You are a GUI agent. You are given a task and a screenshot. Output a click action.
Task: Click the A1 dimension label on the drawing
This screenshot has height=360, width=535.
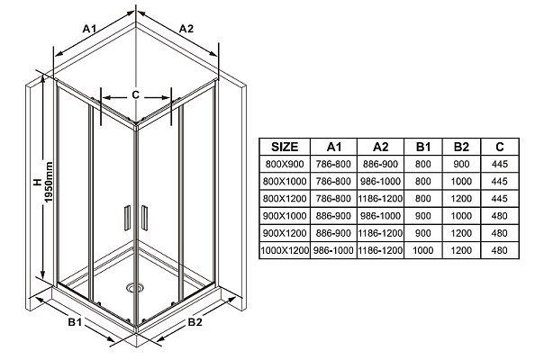click(90, 29)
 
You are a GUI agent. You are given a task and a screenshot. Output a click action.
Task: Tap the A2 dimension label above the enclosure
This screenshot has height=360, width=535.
click(186, 29)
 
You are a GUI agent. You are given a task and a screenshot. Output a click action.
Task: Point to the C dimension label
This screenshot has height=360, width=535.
click(135, 94)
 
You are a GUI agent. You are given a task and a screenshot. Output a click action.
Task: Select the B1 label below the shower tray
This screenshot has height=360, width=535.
click(75, 321)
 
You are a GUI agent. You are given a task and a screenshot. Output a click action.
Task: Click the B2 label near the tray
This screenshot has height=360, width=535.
click(195, 321)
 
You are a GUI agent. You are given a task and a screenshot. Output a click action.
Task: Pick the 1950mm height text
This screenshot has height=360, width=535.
click(49, 182)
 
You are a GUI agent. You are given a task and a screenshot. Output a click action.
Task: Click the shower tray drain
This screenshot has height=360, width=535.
click(133, 287)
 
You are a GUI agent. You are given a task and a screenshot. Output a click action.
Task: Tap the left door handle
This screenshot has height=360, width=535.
click(127, 218)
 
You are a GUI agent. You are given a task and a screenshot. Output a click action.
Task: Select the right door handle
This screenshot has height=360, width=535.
click(144, 218)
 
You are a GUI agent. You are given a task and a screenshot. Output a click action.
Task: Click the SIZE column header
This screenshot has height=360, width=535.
click(285, 147)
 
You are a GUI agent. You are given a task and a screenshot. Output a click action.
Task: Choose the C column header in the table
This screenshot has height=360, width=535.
click(500, 147)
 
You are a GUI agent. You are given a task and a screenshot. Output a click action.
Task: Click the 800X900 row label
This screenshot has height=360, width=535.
click(285, 165)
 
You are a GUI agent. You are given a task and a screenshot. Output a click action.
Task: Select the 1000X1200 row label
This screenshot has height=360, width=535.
click(285, 250)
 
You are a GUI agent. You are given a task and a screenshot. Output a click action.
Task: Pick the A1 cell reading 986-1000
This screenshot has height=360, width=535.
click(333, 250)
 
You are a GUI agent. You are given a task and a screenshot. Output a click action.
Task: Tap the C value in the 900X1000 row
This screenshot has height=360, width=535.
click(500, 216)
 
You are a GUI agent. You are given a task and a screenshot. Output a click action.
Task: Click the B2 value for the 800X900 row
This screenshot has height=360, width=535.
click(461, 165)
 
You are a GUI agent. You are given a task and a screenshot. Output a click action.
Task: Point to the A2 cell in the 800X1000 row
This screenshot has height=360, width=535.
click(380, 182)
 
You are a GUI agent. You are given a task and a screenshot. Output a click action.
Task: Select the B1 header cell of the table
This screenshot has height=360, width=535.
click(423, 147)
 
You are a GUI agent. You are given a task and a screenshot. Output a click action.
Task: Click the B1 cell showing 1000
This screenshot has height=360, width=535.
click(423, 250)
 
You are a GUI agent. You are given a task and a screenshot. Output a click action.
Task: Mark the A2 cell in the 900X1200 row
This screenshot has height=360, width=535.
click(380, 233)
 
